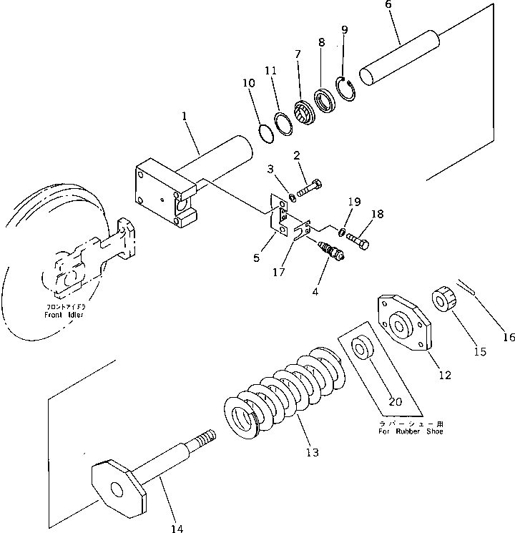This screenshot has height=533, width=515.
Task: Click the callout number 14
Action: point(177,528)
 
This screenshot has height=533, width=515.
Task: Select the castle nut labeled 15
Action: point(443,298)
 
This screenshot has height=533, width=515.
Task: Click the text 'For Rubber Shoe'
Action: point(411,431)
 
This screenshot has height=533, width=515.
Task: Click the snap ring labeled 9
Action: point(346,91)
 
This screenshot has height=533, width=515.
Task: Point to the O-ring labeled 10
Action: point(264,132)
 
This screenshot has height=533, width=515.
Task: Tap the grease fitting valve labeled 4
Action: point(330,252)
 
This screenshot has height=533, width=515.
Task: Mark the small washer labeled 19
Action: point(342,230)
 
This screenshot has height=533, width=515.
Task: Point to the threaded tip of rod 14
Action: point(204,436)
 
